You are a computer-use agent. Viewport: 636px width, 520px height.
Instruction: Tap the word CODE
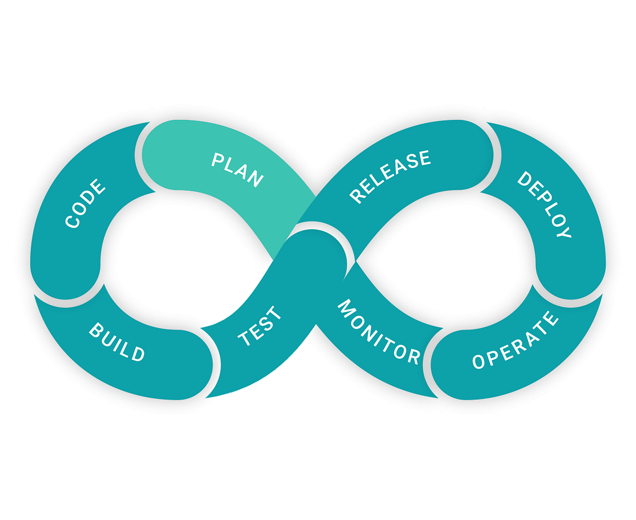click(85, 204)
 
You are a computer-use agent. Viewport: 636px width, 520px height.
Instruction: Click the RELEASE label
click(390, 176)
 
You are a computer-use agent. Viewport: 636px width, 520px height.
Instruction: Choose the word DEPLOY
click(544, 204)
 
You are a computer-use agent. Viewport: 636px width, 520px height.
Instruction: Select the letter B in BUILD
click(96, 330)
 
